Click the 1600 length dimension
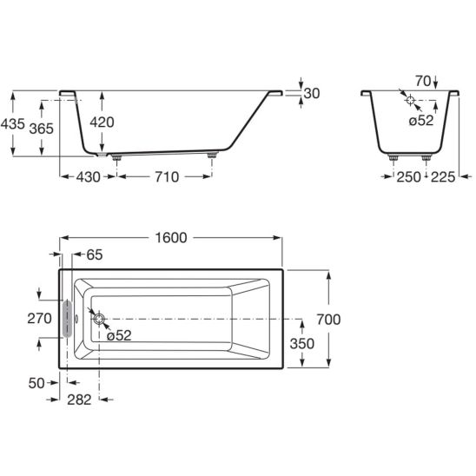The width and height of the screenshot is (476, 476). tap(171, 238)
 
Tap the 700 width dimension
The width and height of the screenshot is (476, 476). tap(328, 320)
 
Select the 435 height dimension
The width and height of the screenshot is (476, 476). tap(12, 124)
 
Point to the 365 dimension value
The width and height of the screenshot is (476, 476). tap(42, 129)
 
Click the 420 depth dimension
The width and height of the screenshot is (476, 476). tap(102, 122)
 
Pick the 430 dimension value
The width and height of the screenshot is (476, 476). tap(88, 177)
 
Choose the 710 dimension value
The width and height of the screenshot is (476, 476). tap(167, 177)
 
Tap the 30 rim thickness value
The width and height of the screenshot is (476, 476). tap(312, 93)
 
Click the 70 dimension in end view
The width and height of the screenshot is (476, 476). tap(423, 81)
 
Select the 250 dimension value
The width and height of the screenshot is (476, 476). tap(409, 177)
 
